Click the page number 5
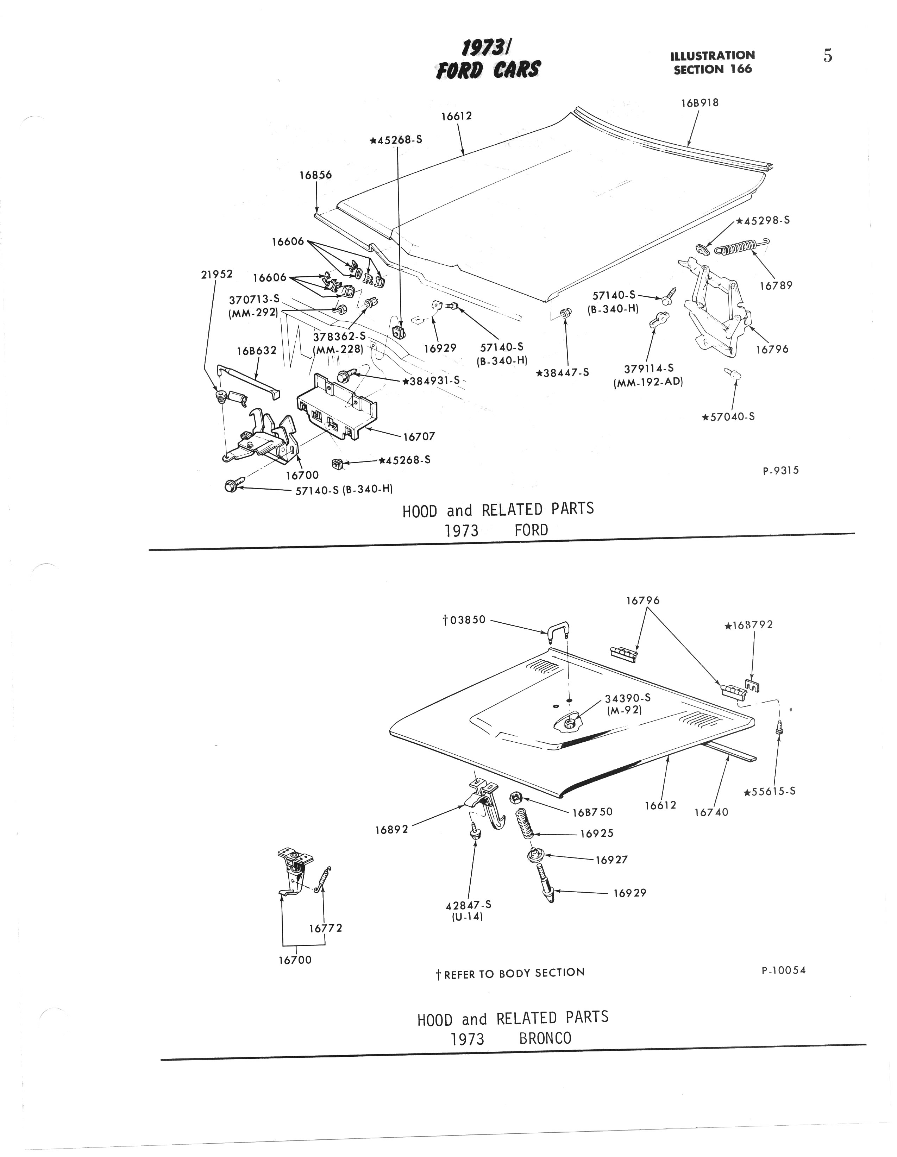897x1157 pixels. pos(828,56)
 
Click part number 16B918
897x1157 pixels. pos(700,103)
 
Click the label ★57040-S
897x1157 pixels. pos(728,416)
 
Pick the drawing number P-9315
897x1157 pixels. pos(780,470)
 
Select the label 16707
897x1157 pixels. pos(419,436)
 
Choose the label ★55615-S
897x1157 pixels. pos(769,806)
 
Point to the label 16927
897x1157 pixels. pos(611,860)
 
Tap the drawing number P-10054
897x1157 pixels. pos(783,970)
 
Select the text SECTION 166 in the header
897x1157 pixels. pos(712,69)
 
